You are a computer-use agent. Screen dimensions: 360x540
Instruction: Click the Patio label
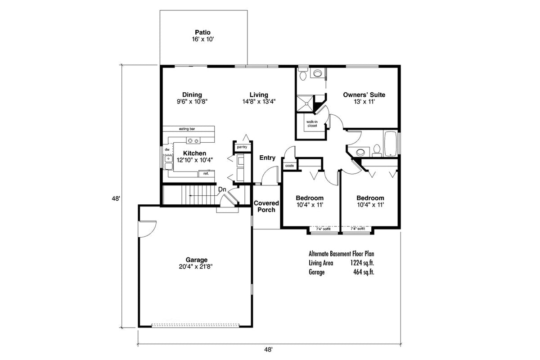(202, 32)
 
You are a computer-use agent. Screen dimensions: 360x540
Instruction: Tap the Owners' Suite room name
(364, 94)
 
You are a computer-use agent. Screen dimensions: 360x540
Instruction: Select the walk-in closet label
(312, 124)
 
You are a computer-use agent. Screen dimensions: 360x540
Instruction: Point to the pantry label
(242, 147)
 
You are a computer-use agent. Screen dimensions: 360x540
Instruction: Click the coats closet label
(289, 166)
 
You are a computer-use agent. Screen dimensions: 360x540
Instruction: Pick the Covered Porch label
(266, 207)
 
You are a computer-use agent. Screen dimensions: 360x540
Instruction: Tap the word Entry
(267, 157)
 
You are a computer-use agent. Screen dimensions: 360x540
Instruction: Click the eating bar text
(186, 129)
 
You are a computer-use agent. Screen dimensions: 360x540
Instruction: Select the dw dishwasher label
(167, 149)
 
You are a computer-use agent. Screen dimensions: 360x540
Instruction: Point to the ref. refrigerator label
(206, 173)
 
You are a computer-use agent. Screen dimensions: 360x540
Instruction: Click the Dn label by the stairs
(222, 190)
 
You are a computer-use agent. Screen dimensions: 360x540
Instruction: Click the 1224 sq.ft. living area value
(362, 263)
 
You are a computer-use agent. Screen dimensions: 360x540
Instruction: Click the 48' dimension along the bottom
(269, 349)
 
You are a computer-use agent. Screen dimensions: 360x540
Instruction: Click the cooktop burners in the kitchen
(193, 141)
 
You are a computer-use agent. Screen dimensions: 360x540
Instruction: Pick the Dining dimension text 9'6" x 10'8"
(192, 102)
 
